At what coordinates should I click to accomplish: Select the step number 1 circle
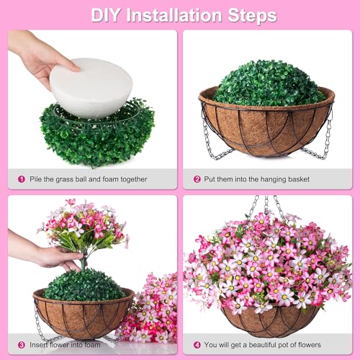pos(22,179)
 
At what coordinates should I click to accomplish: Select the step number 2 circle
pos(197,179)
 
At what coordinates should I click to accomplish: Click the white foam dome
pos(90,86)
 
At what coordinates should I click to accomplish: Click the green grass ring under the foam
pos(94,137)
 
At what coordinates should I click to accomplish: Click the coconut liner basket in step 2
pos(266,133)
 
